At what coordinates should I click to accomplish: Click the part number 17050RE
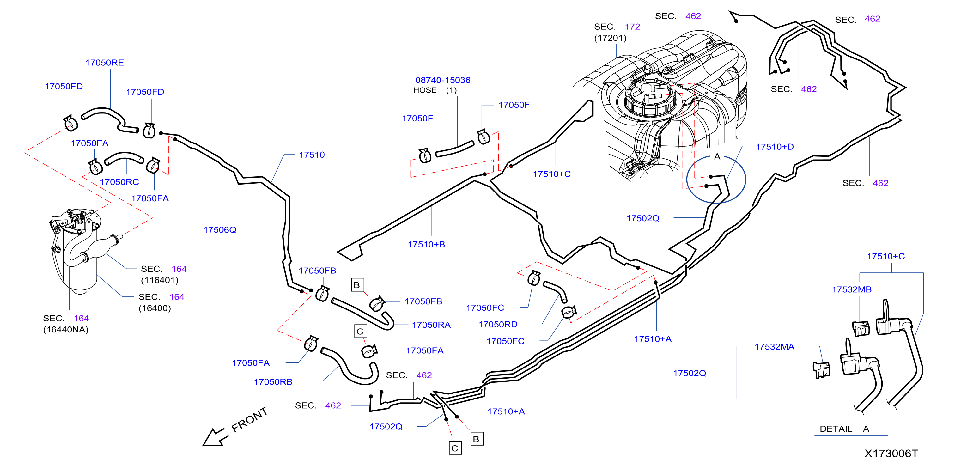point(105,63)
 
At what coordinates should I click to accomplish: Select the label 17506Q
point(220,230)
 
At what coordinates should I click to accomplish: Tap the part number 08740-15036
point(443,80)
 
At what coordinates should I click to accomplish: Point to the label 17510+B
point(426,244)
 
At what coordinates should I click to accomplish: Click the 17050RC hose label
point(119,182)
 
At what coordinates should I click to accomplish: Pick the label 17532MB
point(852,289)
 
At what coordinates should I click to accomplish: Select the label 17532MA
point(775,347)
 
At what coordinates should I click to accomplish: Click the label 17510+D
point(775,147)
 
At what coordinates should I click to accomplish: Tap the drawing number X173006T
point(891,454)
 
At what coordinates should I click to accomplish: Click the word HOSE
point(425,90)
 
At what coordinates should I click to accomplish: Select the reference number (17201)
point(610,38)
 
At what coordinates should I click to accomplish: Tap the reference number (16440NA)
point(66,330)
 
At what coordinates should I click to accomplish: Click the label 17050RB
point(273,382)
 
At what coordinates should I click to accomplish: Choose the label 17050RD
point(498,324)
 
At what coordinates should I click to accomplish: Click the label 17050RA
point(431,325)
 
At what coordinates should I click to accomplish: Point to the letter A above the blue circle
point(717,156)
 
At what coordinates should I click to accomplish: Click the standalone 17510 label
point(312,155)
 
